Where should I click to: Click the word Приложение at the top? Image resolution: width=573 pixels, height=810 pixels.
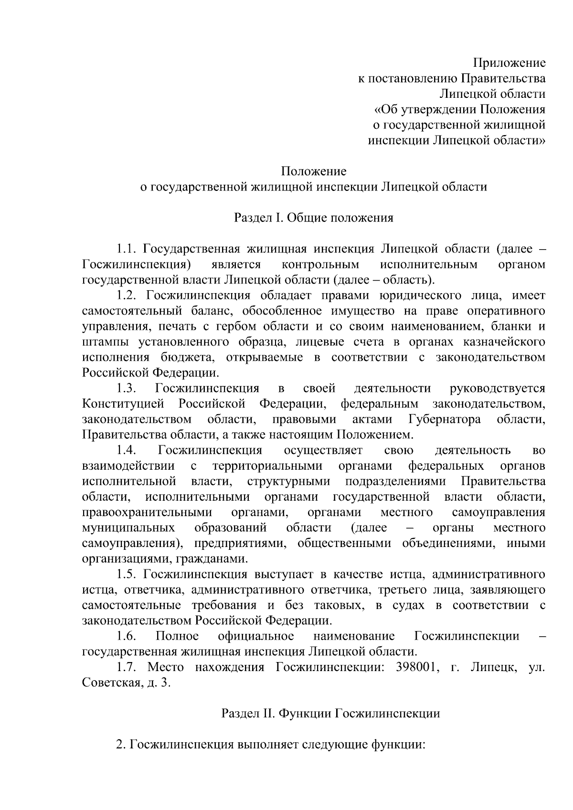coord(509,63)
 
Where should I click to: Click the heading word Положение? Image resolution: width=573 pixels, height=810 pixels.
coord(313,171)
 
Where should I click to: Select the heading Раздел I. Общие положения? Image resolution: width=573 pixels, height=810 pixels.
coord(313,218)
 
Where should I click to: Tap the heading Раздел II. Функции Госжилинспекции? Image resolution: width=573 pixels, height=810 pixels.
coord(330,714)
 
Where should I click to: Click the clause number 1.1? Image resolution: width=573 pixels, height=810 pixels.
coord(127,249)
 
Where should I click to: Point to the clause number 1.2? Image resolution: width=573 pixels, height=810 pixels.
coord(127,295)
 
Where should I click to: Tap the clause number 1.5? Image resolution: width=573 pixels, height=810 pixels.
coord(127,574)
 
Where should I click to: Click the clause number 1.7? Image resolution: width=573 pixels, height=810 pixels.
coord(127,667)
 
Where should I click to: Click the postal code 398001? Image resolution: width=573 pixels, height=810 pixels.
coord(418,667)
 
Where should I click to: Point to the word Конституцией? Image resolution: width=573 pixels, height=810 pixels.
coord(123,404)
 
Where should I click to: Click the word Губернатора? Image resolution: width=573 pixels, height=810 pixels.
coord(445,419)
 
